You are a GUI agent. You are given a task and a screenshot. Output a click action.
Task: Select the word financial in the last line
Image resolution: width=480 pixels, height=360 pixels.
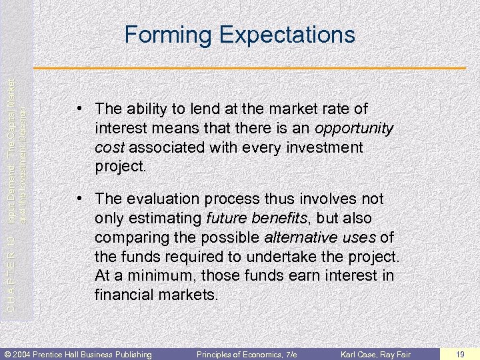point(125,295)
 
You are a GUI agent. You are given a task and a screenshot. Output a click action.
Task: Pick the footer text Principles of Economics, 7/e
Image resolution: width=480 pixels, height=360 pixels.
point(247,353)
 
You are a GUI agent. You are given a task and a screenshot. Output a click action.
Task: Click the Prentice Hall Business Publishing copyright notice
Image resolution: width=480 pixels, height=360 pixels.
point(79,353)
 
